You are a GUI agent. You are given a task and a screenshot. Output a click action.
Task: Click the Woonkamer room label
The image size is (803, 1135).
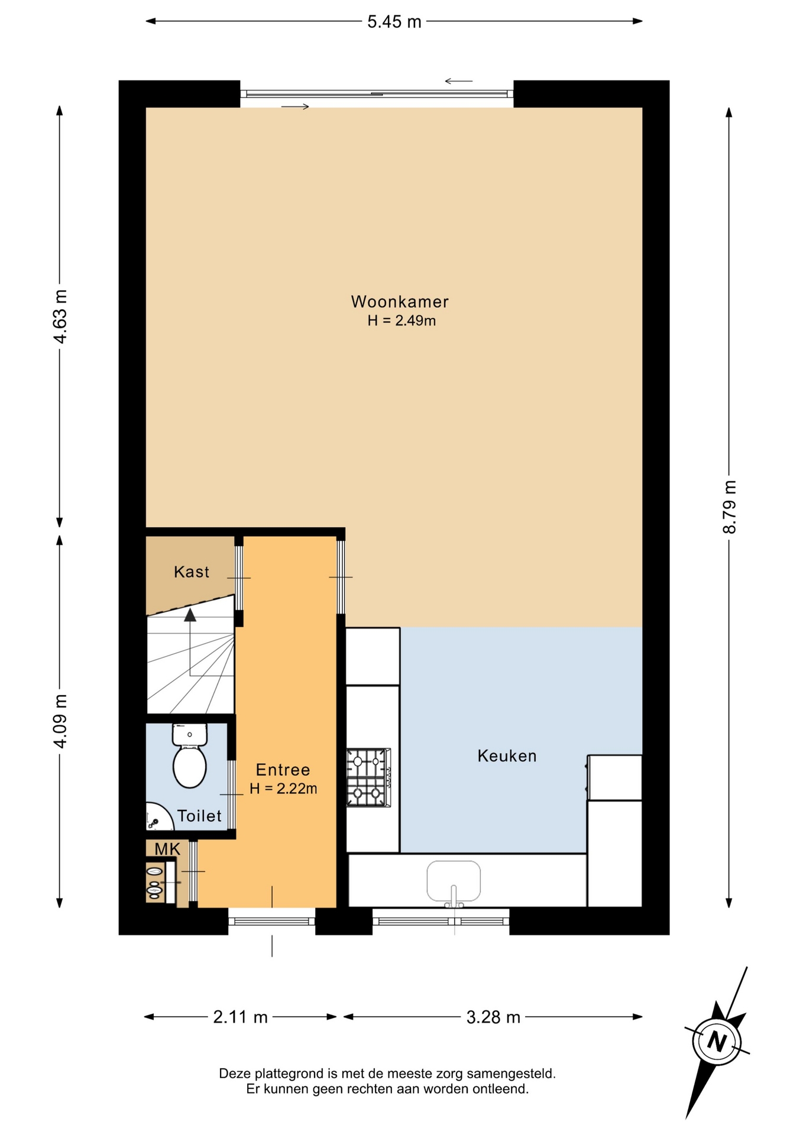pyautogui.click(x=400, y=301)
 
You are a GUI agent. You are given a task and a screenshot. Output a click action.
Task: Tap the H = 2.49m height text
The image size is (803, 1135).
pyautogui.click(x=401, y=321)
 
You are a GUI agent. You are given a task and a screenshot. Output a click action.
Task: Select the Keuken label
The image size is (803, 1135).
pyautogui.click(x=507, y=755)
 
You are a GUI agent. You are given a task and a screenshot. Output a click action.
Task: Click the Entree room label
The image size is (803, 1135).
pyautogui.click(x=283, y=770)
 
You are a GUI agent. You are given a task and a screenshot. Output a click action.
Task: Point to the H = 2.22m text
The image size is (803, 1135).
pyautogui.click(x=283, y=789)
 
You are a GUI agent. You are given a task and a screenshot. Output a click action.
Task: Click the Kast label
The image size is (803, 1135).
pyautogui.click(x=192, y=572)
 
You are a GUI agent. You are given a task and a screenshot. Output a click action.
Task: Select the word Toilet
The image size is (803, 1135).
pyautogui.click(x=199, y=816)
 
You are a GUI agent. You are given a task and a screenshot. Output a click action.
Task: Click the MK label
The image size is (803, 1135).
pyautogui.click(x=167, y=849)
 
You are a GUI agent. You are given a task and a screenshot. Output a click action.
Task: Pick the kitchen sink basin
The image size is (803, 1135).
pyautogui.click(x=454, y=881)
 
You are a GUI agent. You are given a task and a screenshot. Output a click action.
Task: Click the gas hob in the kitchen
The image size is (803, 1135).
pyautogui.click(x=368, y=777)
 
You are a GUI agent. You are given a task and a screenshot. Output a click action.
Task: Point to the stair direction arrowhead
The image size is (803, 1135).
pyautogui.click(x=190, y=615)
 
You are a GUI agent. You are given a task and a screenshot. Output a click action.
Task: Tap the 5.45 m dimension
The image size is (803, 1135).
pyautogui.click(x=394, y=22)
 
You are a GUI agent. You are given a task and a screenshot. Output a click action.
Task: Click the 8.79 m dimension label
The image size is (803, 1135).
pyautogui.click(x=730, y=507)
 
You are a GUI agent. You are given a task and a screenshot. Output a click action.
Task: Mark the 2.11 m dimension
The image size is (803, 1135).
pyautogui.click(x=240, y=1017)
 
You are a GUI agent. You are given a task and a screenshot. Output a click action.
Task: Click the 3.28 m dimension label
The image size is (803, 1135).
pyautogui.click(x=493, y=1017)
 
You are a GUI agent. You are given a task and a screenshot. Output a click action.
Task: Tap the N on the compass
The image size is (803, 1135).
pyautogui.click(x=717, y=1040)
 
